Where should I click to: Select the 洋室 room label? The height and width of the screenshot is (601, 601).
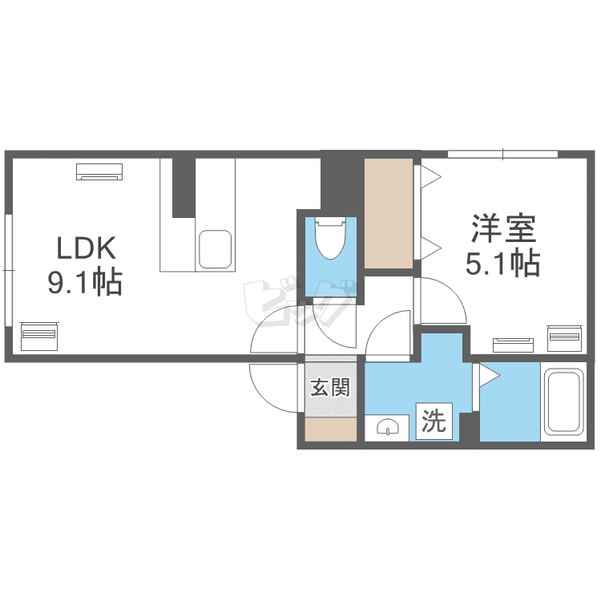point(502,229)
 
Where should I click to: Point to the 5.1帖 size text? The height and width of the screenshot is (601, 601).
point(502,262)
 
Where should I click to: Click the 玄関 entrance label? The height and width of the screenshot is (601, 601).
point(330,389)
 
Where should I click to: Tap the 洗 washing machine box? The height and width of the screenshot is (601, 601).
point(434,422)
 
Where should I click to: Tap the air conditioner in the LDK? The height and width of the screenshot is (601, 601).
point(100,171)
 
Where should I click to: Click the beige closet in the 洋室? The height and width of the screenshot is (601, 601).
point(389,213)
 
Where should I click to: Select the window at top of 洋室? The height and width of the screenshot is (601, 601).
point(502,154)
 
